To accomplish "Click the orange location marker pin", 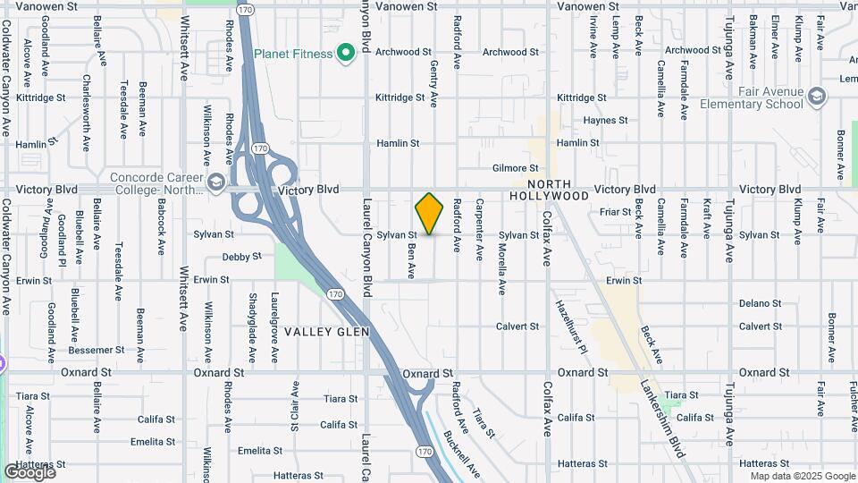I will [429, 213].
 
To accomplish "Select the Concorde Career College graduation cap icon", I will [215, 183].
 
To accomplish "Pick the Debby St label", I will [241, 257].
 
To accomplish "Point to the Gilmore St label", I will [516, 168].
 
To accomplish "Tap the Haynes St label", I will [605, 120].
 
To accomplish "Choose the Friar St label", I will [616, 212].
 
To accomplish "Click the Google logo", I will [29, 471].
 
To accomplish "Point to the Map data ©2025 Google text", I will [802, 476].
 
